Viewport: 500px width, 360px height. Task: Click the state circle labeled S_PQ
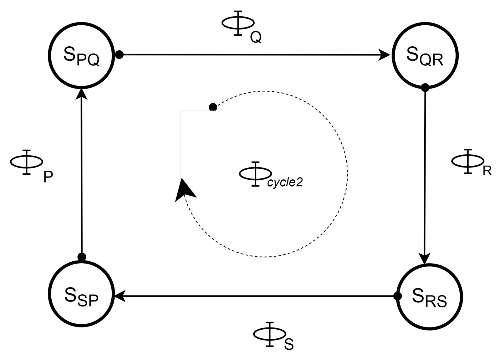81,55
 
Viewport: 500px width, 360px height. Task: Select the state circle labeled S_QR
425,56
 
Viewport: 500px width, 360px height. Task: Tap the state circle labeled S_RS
429,297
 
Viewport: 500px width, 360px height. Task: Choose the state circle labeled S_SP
81,294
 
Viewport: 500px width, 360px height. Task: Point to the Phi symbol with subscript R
468,161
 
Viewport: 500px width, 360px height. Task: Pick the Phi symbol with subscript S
269,334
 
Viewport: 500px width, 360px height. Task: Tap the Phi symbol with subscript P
27,162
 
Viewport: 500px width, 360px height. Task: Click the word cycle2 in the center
285,183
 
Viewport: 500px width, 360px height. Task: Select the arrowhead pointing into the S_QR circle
385,55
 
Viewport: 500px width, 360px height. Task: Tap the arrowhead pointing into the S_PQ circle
81,93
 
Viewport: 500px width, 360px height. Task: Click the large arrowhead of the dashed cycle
185,190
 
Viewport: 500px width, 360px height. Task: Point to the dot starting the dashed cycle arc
213,107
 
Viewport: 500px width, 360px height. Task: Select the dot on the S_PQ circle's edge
119,54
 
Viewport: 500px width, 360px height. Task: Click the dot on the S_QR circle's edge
425,87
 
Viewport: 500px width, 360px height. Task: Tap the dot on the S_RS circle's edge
397,296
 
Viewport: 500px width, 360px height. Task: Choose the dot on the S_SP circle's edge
82,257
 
